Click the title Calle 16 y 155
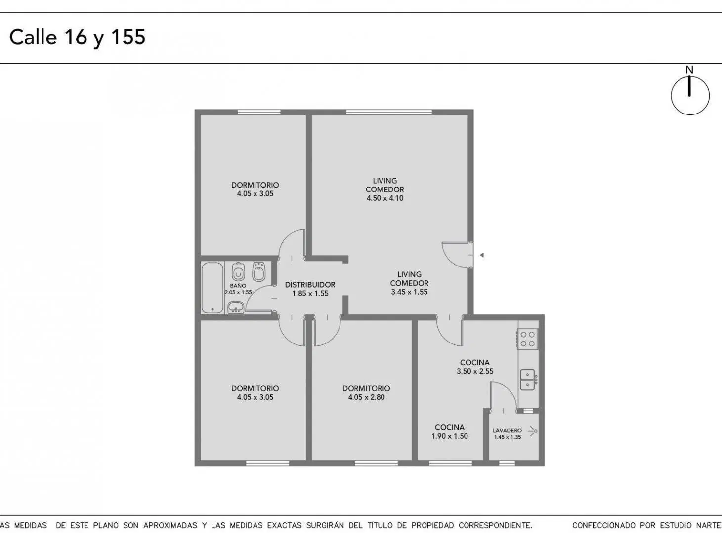point(77,38)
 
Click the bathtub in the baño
point(212,288)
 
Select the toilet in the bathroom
point(238,272)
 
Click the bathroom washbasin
point(236,306)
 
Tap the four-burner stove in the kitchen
point(528,339)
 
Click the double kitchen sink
point(527,380)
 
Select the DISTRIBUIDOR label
point(310,285)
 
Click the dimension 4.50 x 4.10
point(385,198)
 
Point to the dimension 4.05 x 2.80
point(366,397)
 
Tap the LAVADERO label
point(507,430)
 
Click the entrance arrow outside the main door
point(482,255)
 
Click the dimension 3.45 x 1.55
point(409,292)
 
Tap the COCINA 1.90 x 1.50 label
point(450,431)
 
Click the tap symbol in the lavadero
point(533,431)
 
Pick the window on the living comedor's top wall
point(389,112)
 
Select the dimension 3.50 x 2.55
point(475,371)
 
